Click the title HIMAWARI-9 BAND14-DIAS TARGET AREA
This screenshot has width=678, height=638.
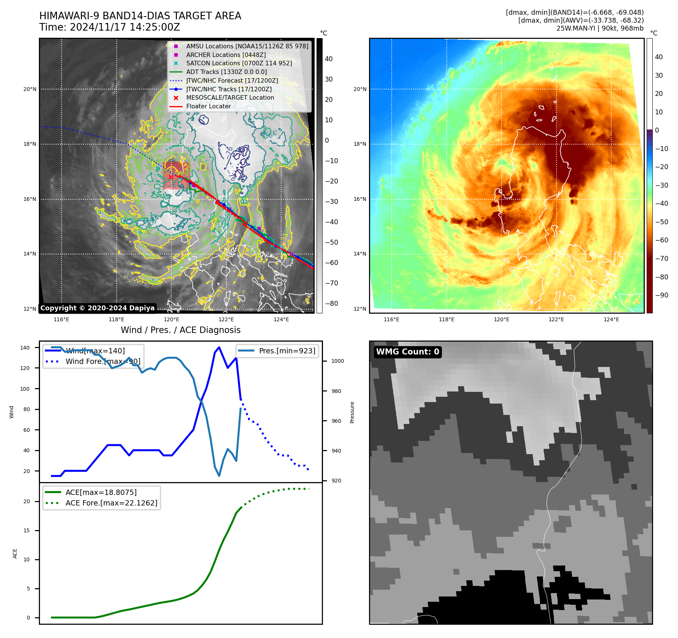point(140,16)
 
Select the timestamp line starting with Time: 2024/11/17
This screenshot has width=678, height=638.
point(109,27)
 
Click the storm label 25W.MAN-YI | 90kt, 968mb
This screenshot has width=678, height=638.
point(600,28)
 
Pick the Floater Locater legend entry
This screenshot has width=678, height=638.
point(208,106)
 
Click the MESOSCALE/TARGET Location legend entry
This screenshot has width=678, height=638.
point(230,97)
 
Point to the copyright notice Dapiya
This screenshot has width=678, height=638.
point(97,308)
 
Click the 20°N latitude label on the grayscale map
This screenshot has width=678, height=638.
point(30,89)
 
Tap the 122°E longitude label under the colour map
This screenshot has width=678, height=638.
point(556,319)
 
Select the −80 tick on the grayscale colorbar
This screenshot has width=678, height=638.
point(332,304)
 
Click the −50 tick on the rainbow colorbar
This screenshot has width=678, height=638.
point(661,222)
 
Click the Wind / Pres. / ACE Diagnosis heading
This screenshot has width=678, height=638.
point(180,330)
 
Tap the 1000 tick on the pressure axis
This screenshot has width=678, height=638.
point(337,361)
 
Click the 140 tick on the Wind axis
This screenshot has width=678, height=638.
point(25,348)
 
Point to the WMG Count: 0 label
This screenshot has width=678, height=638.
point(407,352)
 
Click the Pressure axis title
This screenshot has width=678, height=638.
point(352,412)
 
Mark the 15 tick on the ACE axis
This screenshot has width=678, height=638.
point(26,530)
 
